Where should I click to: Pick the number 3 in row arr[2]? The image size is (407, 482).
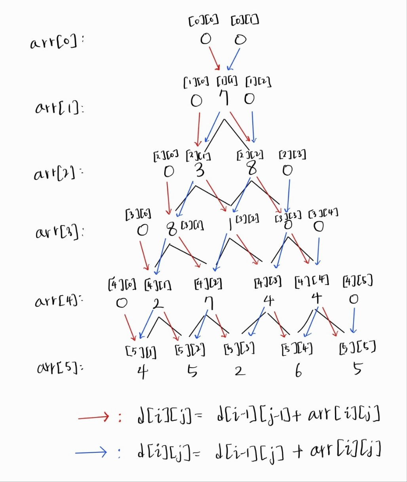(200, 170)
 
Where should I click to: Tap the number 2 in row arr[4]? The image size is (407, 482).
(158, 304)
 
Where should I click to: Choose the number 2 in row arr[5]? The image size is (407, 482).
(239, 371)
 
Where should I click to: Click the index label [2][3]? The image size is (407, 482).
(292, 154)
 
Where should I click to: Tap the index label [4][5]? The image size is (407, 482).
(358, 282)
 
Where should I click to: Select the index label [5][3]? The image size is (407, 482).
(239, 349)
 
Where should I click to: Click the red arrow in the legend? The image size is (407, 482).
(93, 416)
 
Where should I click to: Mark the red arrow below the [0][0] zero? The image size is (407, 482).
(214, 58)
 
